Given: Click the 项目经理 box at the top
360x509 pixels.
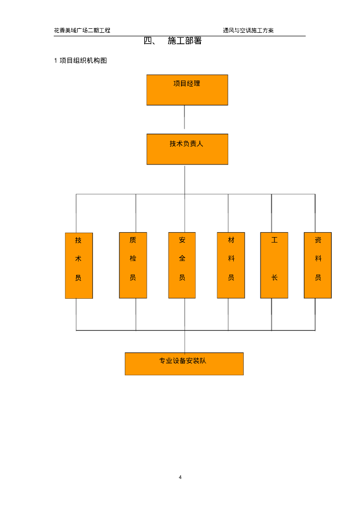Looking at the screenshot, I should [x=187, y=90].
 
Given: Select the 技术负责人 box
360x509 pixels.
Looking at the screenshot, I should [x=187, y=149].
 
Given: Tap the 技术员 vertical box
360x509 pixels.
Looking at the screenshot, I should [x=79, y=265].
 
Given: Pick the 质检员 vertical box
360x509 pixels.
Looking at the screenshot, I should [x=133, y=265].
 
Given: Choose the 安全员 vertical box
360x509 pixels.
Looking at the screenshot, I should [x=182, y=265].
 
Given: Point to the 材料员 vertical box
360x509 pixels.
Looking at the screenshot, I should [x=231, y=265].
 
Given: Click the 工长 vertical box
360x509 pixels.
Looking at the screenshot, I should [x=274, y=265].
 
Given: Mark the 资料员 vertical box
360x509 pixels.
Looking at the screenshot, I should [x=317, y=265].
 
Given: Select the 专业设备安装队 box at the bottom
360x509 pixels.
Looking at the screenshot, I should [x=184, y=364].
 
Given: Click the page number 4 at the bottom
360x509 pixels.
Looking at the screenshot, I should [x=180, y=478].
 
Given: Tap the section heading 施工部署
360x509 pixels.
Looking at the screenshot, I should [x=184, y=41].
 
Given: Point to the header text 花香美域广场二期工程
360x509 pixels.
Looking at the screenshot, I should [x=82, y=30].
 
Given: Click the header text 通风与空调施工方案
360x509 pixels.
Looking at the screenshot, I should [x=248, y=30].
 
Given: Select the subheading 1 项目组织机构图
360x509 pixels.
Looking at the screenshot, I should [x=81, y=61].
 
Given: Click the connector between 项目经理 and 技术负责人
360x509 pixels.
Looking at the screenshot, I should [x=184, y=117].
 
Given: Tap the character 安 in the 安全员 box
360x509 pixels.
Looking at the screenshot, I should [x=182, y=241].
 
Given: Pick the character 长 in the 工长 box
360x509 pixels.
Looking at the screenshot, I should [x=274, y=278].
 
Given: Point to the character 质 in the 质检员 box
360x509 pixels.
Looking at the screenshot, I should [x=133, y=241].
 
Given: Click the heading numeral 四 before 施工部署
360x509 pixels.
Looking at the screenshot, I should [x=148, y=41].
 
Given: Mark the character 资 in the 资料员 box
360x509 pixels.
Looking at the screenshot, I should [x=318, y=241].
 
